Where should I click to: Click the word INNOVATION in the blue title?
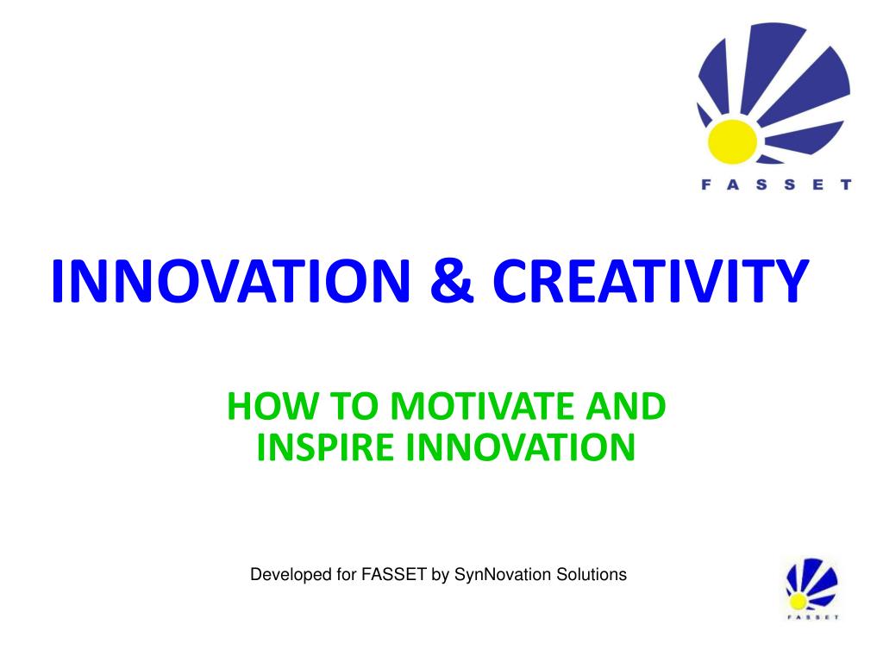click(x=230, y=281)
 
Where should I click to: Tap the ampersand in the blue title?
click(x=452, y=281)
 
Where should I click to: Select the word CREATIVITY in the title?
click(x=651, y=281)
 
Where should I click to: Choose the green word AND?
click(x=626, y=406)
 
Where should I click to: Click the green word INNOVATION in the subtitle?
click(x=520, y=447)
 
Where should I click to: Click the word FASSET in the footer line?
click(x=393, y=575)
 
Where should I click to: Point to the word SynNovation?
click(x=503, y=575)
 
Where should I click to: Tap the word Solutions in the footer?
click(x=592, y=575)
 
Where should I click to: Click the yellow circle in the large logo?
click(x=732, y=141)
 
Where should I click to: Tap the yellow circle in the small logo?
click(x=798, y=601)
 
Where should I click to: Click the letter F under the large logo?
click(x=705, y=184)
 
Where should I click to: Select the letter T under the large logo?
click(x=846, y=184)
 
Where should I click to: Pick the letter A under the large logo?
click(x=733, y=184)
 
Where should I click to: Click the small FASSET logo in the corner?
click(x=812, y=589)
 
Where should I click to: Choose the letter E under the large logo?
click(x=818, y=184)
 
